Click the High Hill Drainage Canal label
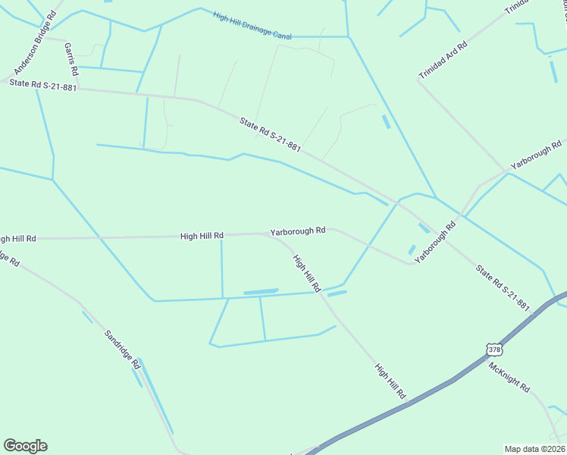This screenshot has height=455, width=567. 252,25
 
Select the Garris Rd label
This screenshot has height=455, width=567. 71,59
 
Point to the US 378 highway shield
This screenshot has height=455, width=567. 494,350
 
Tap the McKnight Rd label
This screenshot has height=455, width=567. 509,376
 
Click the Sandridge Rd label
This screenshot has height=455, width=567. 123,349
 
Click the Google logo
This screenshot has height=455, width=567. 25,446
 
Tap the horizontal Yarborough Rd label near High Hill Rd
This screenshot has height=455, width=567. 298,231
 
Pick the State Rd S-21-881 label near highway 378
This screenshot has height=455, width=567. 503,287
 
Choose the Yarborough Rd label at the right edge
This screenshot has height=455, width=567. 536,154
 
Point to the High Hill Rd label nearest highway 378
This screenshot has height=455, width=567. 390,381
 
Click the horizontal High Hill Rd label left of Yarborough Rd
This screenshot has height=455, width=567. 202,236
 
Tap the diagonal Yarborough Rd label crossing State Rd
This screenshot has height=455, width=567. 436,243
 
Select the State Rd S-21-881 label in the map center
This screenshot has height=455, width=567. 270,134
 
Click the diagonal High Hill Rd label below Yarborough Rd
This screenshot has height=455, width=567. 307,274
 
